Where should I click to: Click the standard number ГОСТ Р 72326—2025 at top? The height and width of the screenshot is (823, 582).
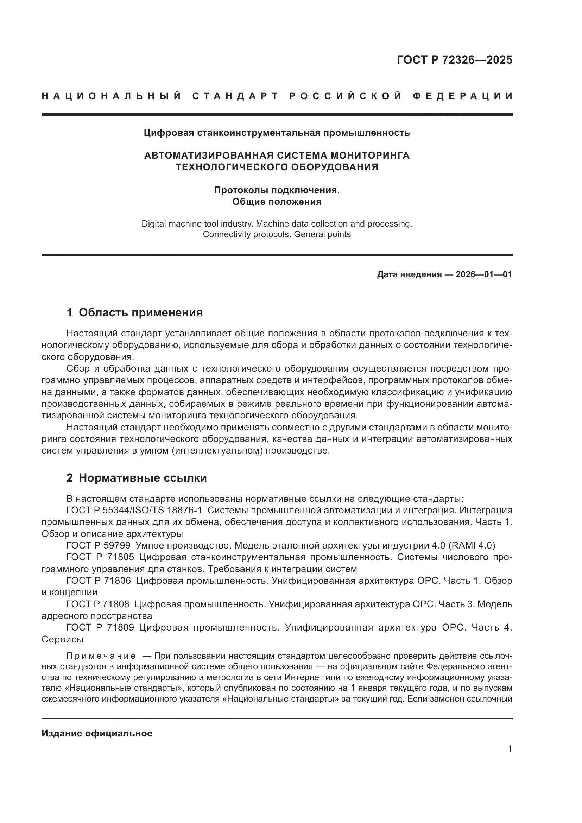click(x=454, y=60)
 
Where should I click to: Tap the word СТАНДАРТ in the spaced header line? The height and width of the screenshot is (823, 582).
click(x=235, y=96)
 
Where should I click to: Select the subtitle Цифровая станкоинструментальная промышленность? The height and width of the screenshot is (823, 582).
click(x=277, y=133)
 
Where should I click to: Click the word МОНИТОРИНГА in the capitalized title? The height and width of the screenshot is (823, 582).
click(x=369, y=156)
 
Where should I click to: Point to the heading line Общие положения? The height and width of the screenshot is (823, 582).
click(x=277, y=202)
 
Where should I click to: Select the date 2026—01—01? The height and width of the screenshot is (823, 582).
click(x=484, y=274)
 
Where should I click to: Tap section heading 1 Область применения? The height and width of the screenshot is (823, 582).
click(x=134, y=312)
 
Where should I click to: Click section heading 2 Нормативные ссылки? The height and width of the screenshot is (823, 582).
click(x=137, y=478)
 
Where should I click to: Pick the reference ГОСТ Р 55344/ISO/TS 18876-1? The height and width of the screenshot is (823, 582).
click(x=134, y=510)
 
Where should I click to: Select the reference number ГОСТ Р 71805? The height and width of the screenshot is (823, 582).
click(x=100, y=557)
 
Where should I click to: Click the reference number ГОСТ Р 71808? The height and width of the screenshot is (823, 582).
click(x=98, y=604)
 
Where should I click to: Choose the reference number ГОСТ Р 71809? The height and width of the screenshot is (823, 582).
click(x=100, y=628)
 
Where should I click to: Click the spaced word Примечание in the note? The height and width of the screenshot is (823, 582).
click(x=101, y=656)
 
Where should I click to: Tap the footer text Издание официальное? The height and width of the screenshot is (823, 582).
click(x=97, y=733)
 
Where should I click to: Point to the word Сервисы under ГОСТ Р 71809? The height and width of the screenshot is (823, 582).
click(x=62, y=639)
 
